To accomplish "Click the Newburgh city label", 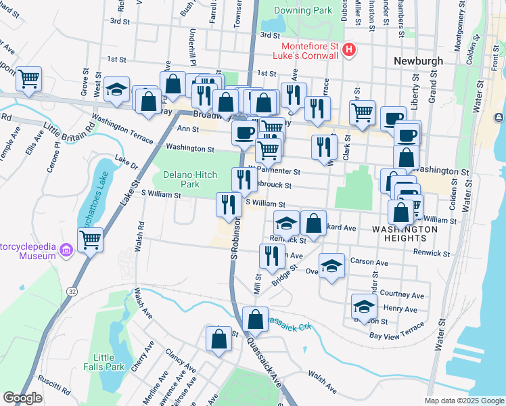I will [418, 61].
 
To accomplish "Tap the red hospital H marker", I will [349, 49].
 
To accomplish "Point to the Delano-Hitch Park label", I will [190, 179].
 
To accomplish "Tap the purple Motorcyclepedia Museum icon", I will [66, 251].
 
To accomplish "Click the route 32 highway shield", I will [72, 290].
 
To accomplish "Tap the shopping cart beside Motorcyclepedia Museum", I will [89, 239].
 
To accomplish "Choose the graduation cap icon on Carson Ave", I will [331, 266].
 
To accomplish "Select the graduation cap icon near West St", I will [116, 90].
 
